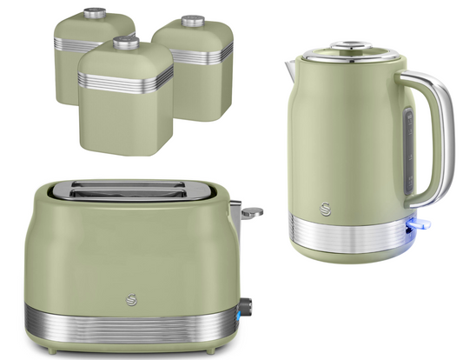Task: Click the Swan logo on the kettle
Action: pos(324,208)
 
